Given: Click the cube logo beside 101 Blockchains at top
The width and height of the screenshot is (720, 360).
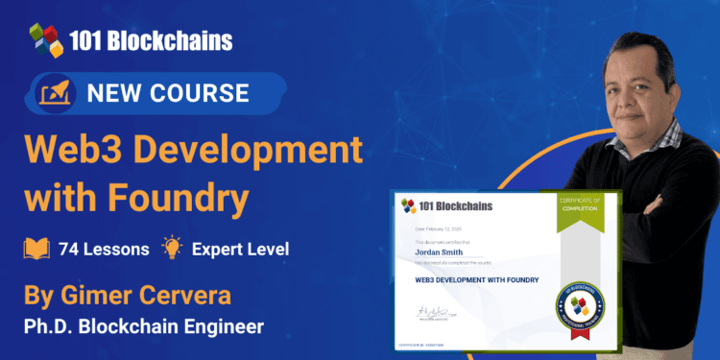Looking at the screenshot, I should (x=44, y=41).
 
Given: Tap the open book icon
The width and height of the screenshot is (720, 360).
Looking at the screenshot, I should (x=36, y=249).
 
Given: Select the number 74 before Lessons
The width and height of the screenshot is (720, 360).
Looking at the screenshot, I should (x=69, y=250).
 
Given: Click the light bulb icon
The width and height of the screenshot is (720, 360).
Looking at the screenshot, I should (x=172, y=249).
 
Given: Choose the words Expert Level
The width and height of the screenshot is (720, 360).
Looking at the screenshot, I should (x=240, y=250).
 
